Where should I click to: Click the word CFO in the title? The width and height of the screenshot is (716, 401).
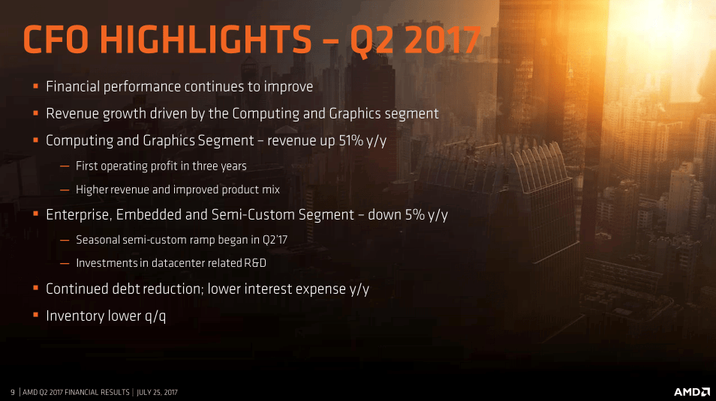click(x=56, y=39)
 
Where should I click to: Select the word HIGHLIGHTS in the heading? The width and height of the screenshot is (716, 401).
click(x=206, y=39)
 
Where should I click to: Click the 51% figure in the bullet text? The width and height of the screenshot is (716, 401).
click(x=351, y=140)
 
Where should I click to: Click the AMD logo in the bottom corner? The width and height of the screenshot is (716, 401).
click(x=691, y=392)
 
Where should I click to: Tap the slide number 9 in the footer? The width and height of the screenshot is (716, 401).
click(x=13, y=392)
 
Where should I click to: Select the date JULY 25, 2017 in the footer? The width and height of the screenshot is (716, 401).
click(x=157, y=392)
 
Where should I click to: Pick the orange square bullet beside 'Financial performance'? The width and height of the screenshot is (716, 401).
click(x=35, y=85)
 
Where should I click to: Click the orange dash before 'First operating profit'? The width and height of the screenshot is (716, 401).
click(x=65, y=166)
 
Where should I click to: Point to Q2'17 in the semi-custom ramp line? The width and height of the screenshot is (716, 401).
click(x=275, y=240)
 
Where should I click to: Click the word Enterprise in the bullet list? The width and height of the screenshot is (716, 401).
click(x=79, y=214)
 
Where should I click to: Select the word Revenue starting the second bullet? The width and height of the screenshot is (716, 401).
click(x=72, y=113)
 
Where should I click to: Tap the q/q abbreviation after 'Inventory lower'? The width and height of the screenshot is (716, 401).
click(x=155, y=316)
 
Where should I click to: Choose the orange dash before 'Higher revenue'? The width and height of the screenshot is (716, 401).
click(x=65, y=190)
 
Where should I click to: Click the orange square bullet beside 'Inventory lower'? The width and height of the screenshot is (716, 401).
click(x=35, y=315)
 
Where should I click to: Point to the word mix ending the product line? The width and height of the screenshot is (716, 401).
click(x=270, y=190)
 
